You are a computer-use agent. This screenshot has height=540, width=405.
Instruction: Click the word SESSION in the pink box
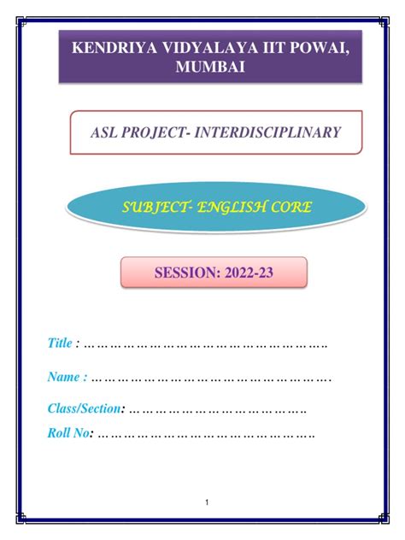point(186,273)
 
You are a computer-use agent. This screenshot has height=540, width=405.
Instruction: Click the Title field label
point(59,343)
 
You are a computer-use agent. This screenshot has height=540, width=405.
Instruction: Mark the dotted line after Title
point(205,345)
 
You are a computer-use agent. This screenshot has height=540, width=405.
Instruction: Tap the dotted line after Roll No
point(205,434)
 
